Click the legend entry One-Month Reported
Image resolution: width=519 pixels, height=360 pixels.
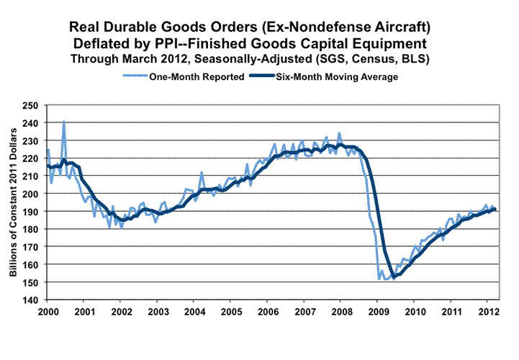[x=194, y=76]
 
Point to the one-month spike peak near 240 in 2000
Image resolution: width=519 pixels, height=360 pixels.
[x=64, y=121]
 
